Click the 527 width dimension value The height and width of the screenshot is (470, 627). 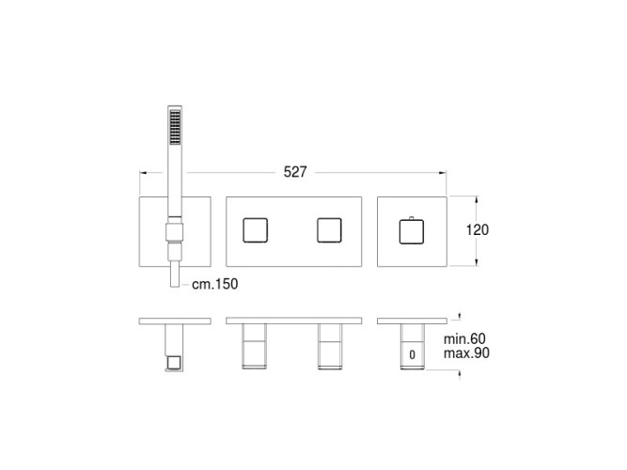point(296,172)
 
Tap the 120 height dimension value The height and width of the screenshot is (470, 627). point(478,229)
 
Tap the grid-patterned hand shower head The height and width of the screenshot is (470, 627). point(173,125)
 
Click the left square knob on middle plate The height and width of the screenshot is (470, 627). point(256,230)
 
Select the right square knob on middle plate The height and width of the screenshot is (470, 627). point(329,230)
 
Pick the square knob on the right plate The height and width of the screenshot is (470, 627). point(412,231)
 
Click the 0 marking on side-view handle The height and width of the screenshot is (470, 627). point(412,354)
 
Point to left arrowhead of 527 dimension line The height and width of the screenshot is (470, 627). point(142,172)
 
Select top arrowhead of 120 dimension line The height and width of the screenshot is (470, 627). point(477,199)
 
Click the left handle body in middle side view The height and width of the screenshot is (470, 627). point(256,345)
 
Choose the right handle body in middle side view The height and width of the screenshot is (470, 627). point(329,345)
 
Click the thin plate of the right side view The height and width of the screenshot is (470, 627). point(411,321)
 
